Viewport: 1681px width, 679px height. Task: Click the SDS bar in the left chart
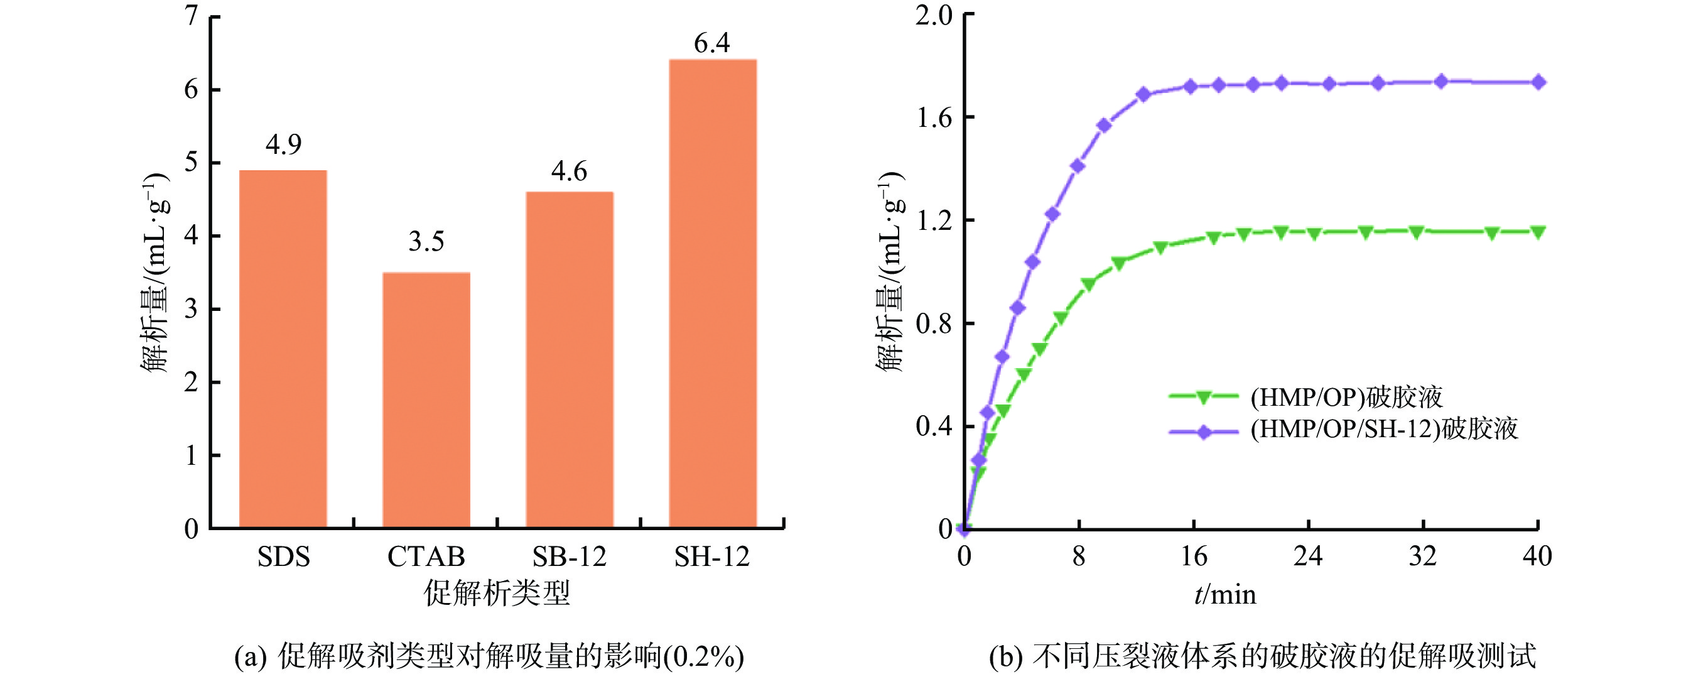tap(283, 349)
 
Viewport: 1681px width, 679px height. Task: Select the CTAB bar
tap(426, 399)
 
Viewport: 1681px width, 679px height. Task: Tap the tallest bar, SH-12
tap(713, 293)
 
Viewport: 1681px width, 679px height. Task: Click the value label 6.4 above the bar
tap(711, 43)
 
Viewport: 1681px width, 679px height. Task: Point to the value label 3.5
tap(426, 242)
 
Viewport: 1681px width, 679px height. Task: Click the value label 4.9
tap(283, 144)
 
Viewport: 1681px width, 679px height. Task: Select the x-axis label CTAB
tap(426, 557)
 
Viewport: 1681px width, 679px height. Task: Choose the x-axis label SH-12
tap(711, 557)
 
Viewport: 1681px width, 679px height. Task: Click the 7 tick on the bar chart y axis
tap(191, 16)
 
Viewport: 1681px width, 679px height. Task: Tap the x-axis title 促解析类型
tap(497, 593)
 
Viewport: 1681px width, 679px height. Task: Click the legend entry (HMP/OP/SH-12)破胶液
tap(1384, 430)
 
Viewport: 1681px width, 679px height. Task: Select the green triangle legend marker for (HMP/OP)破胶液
tap(1204, 397)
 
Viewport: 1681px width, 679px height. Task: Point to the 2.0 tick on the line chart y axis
tap(934, 14)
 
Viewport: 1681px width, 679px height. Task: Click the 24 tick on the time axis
tap(1308, 557)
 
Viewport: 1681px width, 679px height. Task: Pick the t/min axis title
tap(1225, 594)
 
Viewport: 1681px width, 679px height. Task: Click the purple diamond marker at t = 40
tap(1538, 82)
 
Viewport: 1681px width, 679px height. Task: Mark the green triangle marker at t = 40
tap(1538, 232)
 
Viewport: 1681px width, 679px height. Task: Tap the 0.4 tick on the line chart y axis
tap(934, 426)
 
